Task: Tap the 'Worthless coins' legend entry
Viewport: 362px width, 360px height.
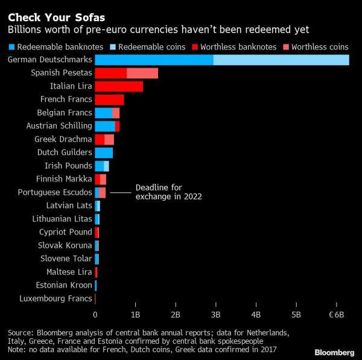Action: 320,46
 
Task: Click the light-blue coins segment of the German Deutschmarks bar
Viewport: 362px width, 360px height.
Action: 281,60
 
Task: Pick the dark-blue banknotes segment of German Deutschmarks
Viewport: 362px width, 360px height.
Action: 154,60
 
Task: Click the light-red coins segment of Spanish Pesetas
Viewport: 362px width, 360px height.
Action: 142,73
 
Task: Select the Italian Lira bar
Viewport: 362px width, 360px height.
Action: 119,86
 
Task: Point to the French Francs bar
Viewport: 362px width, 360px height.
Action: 109,99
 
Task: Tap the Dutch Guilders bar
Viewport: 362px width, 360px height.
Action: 104,153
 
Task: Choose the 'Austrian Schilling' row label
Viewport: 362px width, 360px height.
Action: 59,126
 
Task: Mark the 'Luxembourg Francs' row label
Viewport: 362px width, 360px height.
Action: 56,298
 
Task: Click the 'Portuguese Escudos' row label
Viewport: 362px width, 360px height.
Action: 55,192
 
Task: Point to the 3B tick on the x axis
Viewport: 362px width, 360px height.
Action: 215,315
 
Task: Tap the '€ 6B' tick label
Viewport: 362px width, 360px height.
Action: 335,315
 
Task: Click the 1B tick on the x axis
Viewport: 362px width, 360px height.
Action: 135,315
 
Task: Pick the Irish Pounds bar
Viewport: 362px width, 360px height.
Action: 101,166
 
